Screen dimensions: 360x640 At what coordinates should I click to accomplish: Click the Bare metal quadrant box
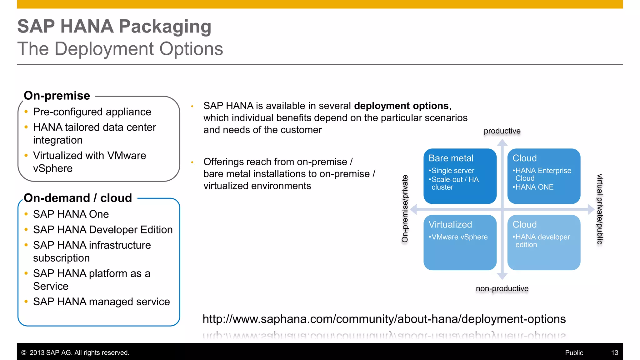click(x=460, y=176)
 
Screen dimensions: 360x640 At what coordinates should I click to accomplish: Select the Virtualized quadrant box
click(x=460, y=242)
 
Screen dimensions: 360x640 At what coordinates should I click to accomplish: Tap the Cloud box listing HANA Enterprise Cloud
click(x=544, y=176)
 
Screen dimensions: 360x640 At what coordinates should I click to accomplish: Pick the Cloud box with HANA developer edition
click(x=544, y=242)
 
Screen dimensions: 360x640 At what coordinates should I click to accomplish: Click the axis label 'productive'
click(x=502, y=131)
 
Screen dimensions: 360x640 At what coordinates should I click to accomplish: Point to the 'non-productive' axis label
click(x=502, y=288)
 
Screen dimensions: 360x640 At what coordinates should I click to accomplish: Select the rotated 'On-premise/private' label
click(x=405, y=209)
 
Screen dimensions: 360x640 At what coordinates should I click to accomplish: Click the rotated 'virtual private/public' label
click(x=599, y=209)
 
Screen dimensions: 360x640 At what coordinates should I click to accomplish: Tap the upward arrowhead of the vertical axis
click(x=502, y=143)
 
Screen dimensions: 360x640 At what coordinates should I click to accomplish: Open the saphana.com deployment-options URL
click(x=384, y=319)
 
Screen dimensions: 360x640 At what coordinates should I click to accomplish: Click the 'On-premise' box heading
click(x=57, y=96)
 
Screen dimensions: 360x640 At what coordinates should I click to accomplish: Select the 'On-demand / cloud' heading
click(x=78, y=198)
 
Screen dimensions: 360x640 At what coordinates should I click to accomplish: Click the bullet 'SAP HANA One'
click(x=71, y=214)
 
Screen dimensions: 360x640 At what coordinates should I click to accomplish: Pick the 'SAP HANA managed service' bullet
click(x=101, y=302)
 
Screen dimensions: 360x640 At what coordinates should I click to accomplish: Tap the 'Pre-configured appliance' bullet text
click(x=92, y=112)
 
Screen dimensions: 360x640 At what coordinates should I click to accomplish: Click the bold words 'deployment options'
click(x=401, y=106)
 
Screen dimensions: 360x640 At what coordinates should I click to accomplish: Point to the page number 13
click(x=614, y=353)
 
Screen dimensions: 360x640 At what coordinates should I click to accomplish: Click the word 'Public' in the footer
click(x=574, y=353)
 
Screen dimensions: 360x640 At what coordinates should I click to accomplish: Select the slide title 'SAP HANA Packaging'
click(x=114, y=26)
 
